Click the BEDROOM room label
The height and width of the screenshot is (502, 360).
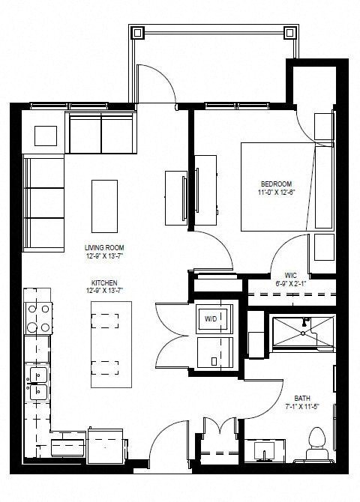[276, 184]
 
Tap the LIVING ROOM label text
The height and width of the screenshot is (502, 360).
[104, 247]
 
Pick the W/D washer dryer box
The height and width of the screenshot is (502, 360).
[212, 319]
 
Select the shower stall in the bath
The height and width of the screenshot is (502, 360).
[302, 333]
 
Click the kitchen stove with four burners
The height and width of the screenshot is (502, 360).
[39, 318]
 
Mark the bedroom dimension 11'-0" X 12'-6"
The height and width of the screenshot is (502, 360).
[276, 193]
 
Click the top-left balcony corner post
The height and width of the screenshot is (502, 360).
[139, 32]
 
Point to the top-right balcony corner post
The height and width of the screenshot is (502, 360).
[290, 32]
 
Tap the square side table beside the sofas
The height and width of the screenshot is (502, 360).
[46, 135]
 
